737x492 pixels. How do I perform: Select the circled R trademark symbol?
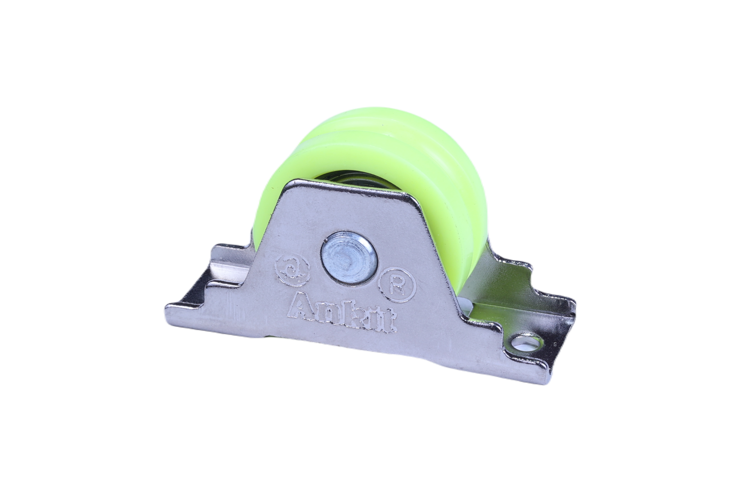pyautogui.click(x=398, y=285)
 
